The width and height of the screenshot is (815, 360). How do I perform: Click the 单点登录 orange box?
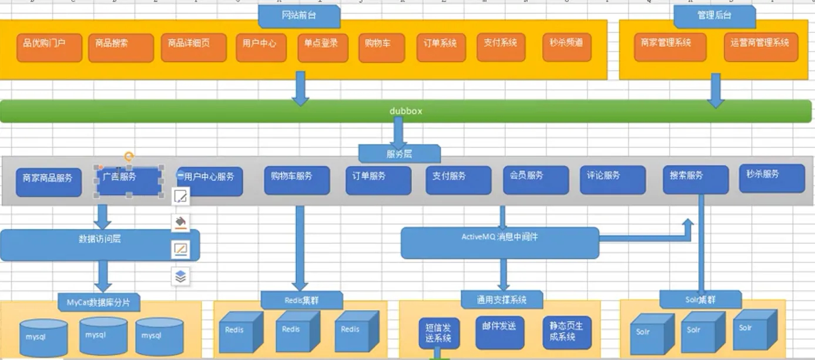coord(322,48)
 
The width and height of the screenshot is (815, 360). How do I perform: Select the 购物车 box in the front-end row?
coord(382,48)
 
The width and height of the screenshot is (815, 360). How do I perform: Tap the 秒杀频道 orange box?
coord(566,48)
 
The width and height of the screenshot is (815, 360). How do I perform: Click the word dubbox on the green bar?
coord(405,110)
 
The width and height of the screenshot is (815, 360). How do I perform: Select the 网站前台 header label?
coord(299,16)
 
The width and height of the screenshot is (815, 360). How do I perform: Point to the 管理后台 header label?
coord(714,16)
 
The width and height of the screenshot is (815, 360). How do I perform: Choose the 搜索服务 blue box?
coord(695,179)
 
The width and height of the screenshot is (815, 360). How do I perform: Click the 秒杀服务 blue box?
coord(772,178)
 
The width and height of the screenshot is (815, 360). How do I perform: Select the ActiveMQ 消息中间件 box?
coord(499,243)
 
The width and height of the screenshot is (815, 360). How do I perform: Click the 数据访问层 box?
coord(100,244)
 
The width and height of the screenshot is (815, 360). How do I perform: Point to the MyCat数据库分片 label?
coord(99,302)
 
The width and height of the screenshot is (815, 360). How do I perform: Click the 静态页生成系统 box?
coord(566,332)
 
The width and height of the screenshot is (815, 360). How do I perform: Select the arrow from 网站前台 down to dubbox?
coord(300,88)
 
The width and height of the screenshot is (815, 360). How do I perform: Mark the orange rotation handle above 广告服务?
coord(129,156)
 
